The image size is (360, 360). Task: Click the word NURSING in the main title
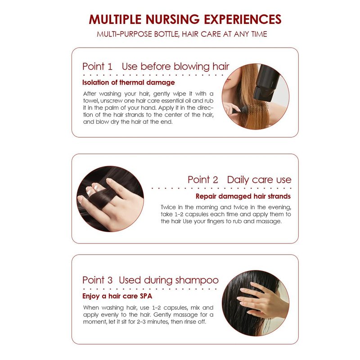click(x=173, y=19)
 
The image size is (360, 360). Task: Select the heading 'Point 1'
click(x=97, y=67)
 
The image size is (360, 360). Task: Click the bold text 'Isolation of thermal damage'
click(x=129, y=82)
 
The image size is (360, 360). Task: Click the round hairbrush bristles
click(x=256, y=108)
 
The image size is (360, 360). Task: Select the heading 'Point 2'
click(x=203, y=180)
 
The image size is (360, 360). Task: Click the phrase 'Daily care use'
click(x=259, y=180)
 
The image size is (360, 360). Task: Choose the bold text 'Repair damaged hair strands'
click(x=243, y=196)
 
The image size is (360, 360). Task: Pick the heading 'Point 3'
click(x=97, y=280)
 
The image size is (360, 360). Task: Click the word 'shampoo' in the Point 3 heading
click(x=197, y=280)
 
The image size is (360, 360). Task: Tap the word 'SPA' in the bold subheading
click(x=146, y=296)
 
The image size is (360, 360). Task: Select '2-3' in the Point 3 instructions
click(x=141, y=322)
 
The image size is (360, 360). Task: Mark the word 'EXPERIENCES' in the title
click(x=243, y=19)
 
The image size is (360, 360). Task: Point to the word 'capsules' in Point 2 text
click(x=197, y=215)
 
